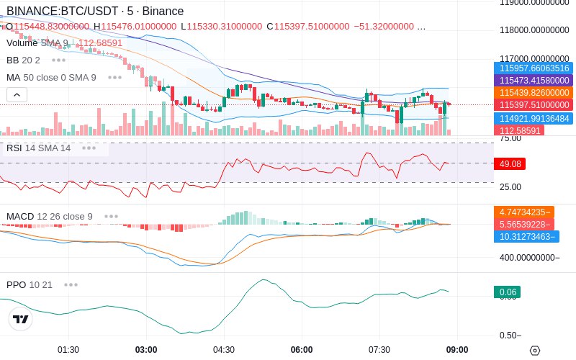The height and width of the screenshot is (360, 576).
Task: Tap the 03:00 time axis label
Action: pos(146,350)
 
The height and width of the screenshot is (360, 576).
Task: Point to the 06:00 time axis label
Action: pos(302,350)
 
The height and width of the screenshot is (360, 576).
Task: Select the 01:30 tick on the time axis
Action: pos(68,350)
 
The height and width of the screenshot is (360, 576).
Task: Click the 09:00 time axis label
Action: pos(457,350)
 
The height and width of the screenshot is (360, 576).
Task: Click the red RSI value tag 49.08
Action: pos(510,164)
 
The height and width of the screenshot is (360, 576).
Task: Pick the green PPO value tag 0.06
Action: pos(507,292)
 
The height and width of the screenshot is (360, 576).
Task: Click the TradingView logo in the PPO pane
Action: pos(21,319)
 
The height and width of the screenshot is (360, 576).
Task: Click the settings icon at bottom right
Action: pos(534,351)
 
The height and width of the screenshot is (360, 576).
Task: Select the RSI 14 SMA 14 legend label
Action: pos(38,148)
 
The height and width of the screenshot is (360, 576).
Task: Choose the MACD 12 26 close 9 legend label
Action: pos(49,216)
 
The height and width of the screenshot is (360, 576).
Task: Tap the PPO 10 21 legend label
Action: pos(30,284)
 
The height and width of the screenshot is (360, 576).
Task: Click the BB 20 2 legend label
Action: pos(23,60)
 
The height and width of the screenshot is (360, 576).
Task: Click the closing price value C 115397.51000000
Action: pos(307,27)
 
